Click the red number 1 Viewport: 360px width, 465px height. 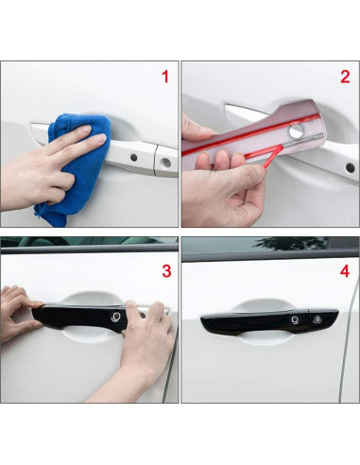(165, 77)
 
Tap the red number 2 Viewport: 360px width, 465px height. (345, 77)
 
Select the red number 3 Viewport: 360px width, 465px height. (166, 271)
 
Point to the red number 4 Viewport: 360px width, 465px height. (345, 271)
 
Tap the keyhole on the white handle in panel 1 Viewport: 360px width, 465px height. (165, 163)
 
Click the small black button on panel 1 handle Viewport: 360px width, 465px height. (133, 157)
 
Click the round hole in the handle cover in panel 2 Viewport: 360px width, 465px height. (296, 131)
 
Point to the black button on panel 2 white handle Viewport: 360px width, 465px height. (350, 168)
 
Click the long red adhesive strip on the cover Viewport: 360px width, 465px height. (252, 134)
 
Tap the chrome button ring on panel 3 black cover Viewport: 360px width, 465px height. (115, 317)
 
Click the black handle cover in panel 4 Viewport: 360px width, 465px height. (269, 321)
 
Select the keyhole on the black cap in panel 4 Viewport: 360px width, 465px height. (316, 319)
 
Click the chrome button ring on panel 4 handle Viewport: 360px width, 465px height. (295, 320)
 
